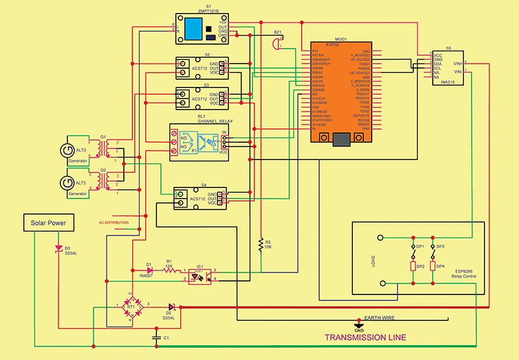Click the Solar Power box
point(49,224)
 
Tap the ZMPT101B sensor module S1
point(202,29)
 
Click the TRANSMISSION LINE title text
point(365,337)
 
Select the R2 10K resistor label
point(268,245)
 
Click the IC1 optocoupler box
point(201,275)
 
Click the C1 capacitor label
point(167,337)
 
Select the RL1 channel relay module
point(200,142)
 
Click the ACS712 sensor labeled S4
point(199,198)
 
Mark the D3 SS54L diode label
point(64,250)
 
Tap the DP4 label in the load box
point(441,266)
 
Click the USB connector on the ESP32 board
point(342,138)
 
